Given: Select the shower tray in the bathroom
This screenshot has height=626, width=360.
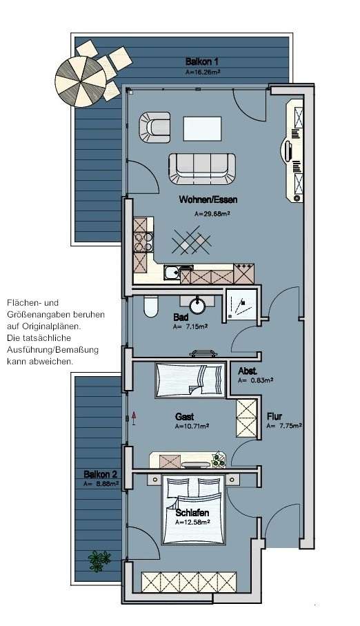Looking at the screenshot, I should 243,305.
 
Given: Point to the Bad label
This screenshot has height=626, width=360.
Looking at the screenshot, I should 181,318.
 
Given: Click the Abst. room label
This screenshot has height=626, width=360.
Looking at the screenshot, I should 248,370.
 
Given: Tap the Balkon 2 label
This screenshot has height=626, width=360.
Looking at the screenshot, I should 101,474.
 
